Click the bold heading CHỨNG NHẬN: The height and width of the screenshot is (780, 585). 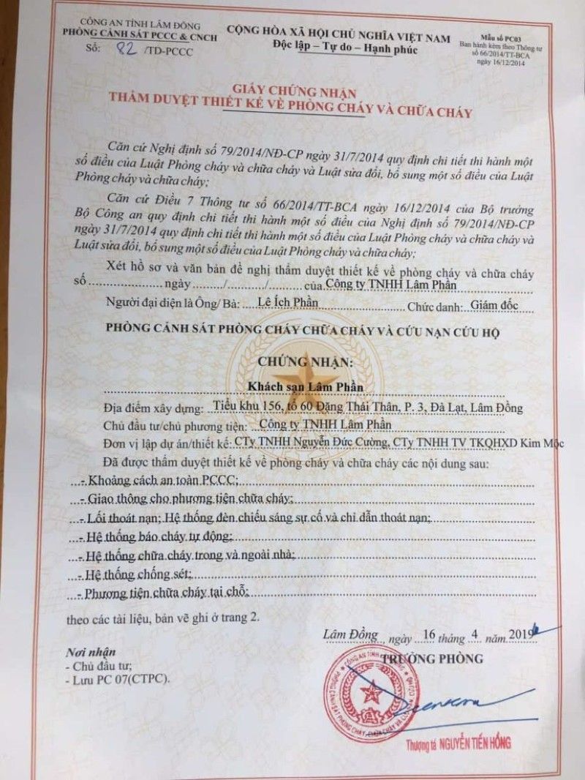[303, 362]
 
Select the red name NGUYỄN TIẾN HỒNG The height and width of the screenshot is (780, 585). [467, 743]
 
